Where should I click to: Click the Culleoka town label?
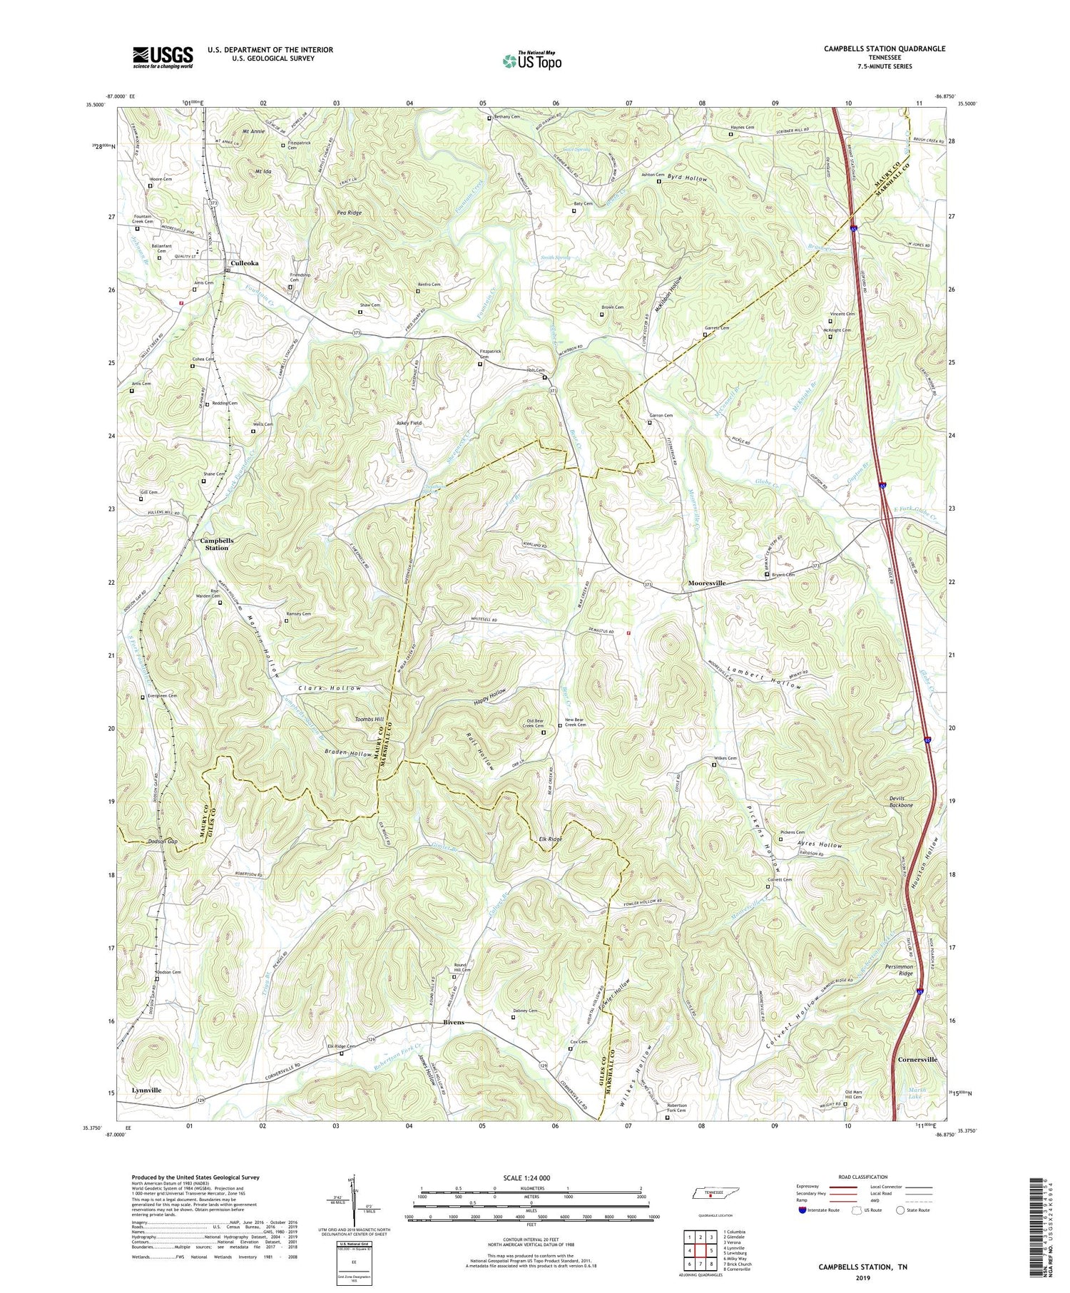point(244,263)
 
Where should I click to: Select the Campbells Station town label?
point(217,543)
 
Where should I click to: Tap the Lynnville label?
point(146,1090)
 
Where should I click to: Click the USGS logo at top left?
point(162,57)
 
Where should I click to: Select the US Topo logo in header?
point(531,60)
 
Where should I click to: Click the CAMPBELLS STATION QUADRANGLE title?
point(875,48)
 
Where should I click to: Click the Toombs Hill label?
point(370,720)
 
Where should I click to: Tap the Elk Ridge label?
point(551,839)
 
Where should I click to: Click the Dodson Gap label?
point(162,842)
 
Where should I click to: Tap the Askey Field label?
point(409,423)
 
